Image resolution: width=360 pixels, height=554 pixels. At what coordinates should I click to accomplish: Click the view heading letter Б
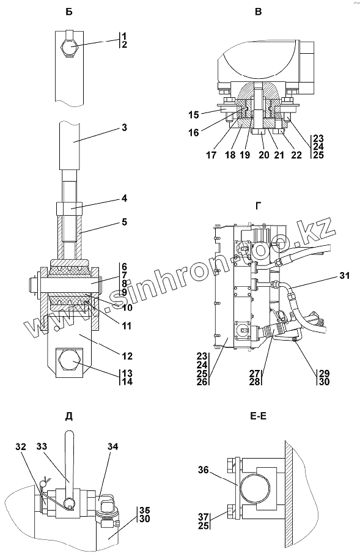pos(69,12)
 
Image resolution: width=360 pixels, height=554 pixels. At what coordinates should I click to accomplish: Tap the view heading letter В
pos(259,12)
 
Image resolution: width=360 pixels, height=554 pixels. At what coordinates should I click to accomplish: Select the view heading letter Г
pos(259,205)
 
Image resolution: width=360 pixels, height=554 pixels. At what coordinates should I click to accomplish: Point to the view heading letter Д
pos(69,416)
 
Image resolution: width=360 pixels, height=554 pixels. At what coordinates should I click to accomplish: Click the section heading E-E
pos(259,416)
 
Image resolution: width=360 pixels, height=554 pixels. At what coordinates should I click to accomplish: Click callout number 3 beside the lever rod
pos(124,128)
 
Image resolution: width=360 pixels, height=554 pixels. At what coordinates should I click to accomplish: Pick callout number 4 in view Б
pos(124,199)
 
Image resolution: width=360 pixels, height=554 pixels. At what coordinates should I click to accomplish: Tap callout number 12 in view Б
pos(127,356)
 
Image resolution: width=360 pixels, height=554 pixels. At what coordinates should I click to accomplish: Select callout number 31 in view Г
pos(344,275)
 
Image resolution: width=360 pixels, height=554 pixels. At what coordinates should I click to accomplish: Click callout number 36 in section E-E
pos(203,470)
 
